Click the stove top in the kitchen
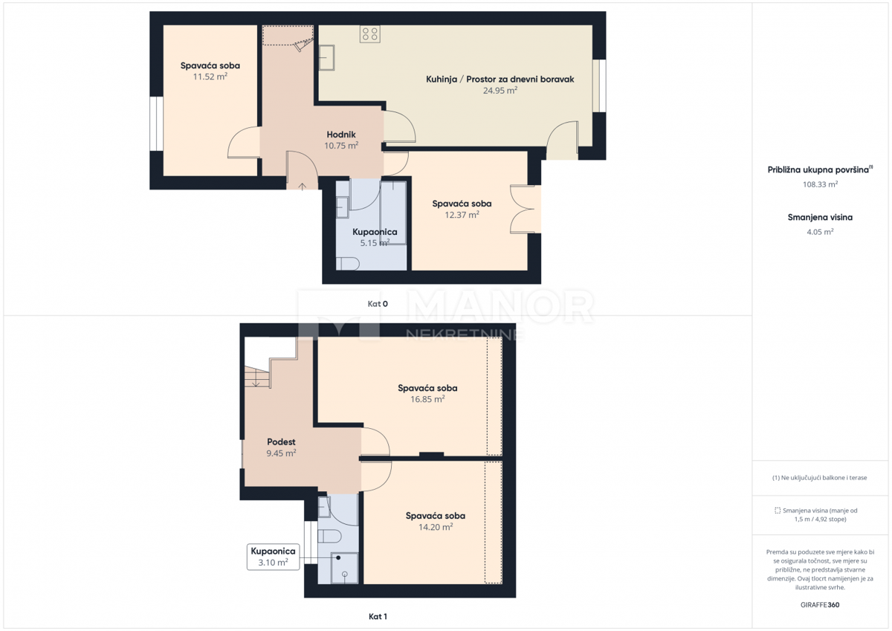(370, 34)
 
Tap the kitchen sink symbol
(326, 58)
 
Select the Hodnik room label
(341, 135)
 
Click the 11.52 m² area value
(210, 77)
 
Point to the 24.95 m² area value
(500, 91)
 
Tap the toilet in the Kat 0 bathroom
(348, 264)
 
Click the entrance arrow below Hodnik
(303, 187)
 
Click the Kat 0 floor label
(378, 304)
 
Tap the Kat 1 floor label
(378, 616)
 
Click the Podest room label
(281, 441)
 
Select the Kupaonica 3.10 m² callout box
(274, 557)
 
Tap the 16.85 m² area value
(427, 399)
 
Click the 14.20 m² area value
(436, 527)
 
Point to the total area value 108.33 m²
(821, 184)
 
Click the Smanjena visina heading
(820, 217)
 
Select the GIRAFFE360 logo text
(820, 605)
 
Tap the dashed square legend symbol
(778, 511)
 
